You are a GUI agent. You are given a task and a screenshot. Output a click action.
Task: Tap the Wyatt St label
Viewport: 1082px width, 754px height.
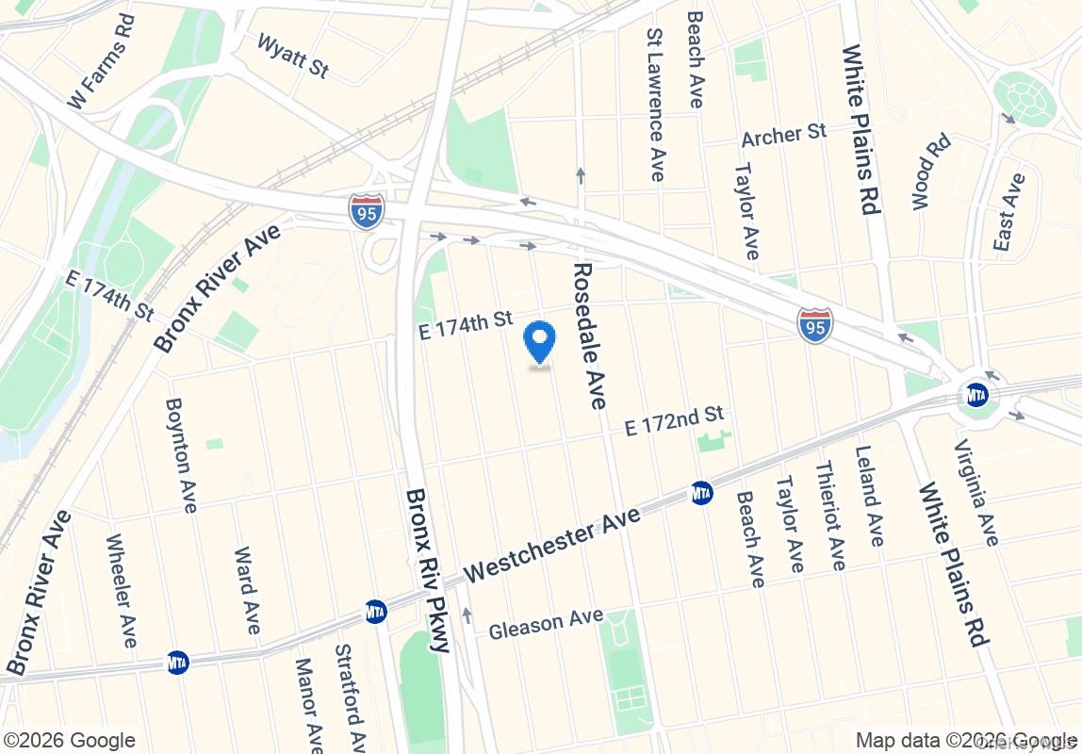(292, 56)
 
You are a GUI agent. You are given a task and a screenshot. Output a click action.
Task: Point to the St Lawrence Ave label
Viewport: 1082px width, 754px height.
(655, 104)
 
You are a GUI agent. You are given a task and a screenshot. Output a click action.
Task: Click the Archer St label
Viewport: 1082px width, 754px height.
(783, 135)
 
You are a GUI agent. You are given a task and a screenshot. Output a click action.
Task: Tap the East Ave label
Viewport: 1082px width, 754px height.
(1008, 212)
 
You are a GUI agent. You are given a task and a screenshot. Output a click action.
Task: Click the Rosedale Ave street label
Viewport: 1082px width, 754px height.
(587, 336)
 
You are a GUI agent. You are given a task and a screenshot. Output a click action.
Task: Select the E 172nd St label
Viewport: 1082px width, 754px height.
(675, 420)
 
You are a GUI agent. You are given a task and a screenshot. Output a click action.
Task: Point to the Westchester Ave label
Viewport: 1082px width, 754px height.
(552, 544)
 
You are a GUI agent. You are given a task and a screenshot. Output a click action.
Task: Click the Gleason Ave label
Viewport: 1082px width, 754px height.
(546, 623)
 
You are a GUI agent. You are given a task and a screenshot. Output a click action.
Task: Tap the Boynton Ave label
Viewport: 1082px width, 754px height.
(180, 454)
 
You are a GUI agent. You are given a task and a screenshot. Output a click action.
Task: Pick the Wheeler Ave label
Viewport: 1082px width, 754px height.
(122, 591)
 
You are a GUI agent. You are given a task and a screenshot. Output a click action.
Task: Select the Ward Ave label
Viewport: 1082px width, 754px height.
(245, 590)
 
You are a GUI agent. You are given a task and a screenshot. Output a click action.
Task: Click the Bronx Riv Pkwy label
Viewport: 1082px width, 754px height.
(429, 569)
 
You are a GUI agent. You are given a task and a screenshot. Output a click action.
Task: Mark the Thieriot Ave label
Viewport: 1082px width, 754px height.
(830, 515)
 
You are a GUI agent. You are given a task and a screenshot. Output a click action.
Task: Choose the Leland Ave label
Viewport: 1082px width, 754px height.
(869, 496)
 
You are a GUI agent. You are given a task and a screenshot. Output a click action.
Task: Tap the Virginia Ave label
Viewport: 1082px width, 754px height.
(975, 492)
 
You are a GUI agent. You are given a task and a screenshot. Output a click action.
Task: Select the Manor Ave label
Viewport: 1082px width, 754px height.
(308, 699)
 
